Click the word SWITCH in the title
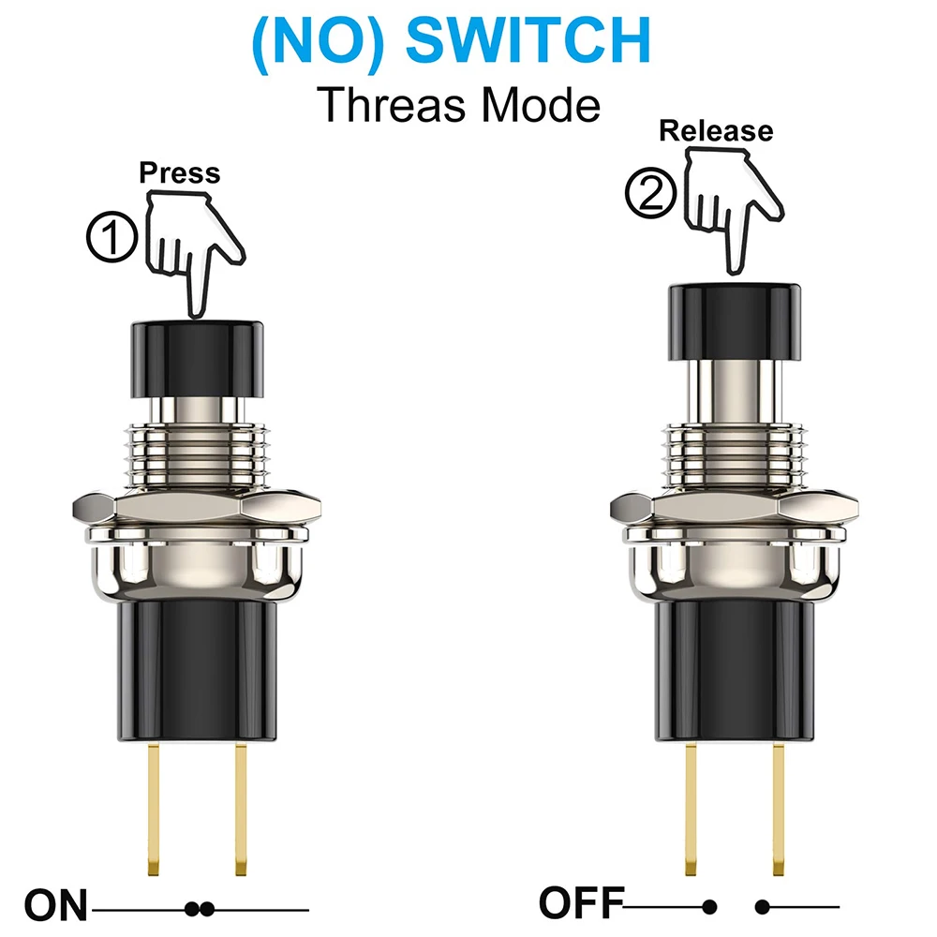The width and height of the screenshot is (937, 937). click(528, 40)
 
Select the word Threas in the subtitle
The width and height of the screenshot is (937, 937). click(392, 105)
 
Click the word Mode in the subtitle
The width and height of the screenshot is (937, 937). click(541, 105)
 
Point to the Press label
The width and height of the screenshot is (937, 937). click(180, 173)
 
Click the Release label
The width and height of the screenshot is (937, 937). click(716, 131)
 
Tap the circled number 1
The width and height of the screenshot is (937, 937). click(112, 237)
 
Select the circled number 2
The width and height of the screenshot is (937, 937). click(651, 193)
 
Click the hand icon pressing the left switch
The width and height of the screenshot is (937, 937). click(195, 251)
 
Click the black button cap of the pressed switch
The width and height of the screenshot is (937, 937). click(197, 360)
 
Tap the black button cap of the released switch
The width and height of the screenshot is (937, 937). click(735, 321)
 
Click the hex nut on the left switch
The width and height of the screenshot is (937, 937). click(197, 507)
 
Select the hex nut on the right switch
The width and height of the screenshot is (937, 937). click(735, 507)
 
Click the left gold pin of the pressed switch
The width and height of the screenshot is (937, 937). click(154, 809)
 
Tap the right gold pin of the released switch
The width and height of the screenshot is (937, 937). click(778, 809)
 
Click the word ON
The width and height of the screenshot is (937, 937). click(56, 906)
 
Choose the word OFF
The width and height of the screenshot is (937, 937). click(582, 903)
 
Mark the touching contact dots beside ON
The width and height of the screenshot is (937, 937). click(200, 910)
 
